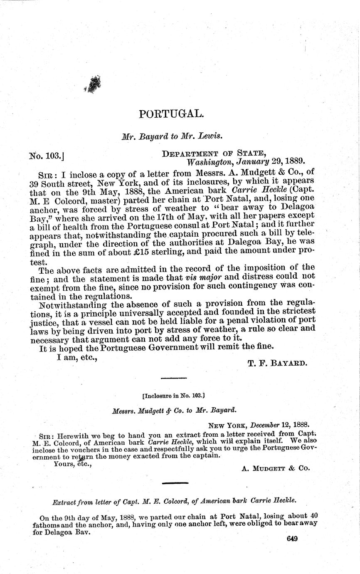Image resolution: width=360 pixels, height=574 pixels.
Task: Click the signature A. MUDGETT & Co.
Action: pos(276,468)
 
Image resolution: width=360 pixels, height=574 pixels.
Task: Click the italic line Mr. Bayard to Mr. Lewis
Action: pos(171,135)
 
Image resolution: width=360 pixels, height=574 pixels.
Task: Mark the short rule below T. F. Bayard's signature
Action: pos(173,378)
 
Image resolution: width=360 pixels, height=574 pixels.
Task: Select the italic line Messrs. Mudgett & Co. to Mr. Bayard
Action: pos(174,409)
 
